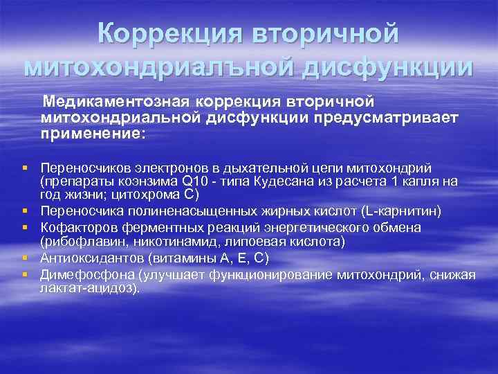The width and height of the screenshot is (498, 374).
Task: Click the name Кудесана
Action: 288,182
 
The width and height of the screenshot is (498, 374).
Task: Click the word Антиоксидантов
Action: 87,258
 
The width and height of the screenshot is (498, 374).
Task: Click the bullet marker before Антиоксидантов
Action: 24,258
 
